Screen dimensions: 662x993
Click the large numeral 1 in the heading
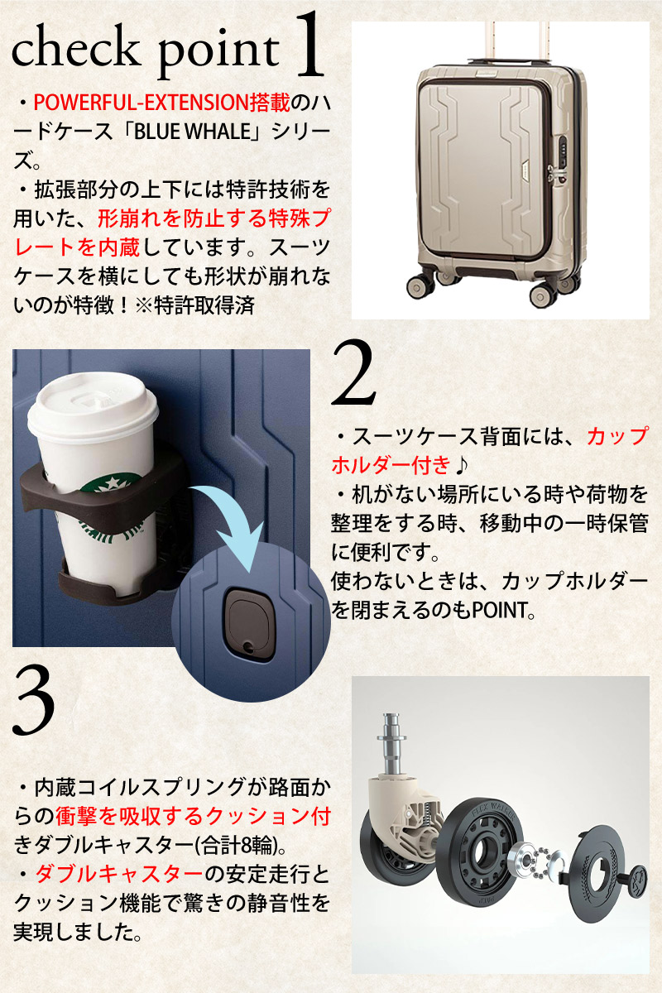pyautogui.click(x=309, y=45)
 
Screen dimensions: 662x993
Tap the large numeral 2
pyautogui.click(x=353, y=372)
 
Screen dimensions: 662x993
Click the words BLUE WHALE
pyautogui.click(x=193, y=132)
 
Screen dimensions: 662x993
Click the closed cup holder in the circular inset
pyautogui.click(x=249, y=624)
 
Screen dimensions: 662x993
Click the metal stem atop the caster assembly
pyautogui.click(x=391, y=746)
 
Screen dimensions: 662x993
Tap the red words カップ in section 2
pyautogui.click(x=618, y=437)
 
